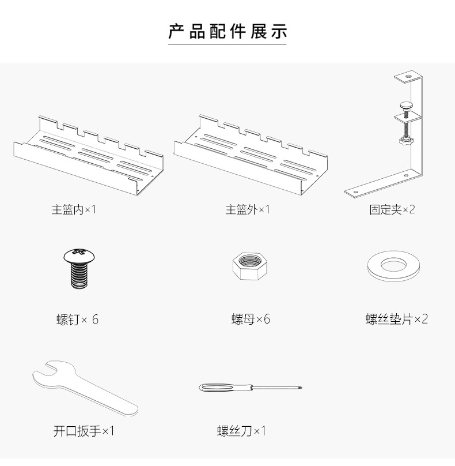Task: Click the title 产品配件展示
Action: [x=227, y=31]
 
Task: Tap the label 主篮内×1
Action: [x=74, y=209]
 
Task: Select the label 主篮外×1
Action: [x=248, y=209]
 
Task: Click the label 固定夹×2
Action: [x=392, y=209]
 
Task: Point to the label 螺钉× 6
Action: [x=77, y=319]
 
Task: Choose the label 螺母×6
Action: [x=251, y=319]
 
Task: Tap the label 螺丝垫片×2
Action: [x=397, y=319]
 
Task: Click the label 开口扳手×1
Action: [x=84, y=431]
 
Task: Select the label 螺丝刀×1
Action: [x=241, y=431]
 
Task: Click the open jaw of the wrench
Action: [x=46, y=373]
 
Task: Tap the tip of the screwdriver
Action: [x=300, y=388]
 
